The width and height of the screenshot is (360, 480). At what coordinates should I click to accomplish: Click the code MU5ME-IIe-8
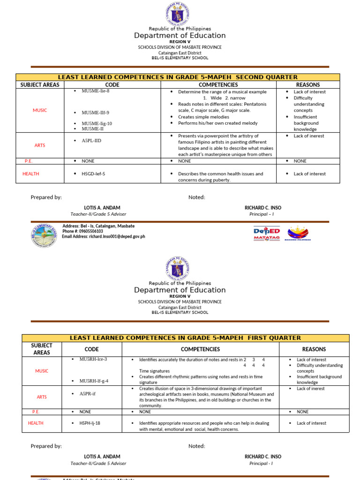coord(96,91)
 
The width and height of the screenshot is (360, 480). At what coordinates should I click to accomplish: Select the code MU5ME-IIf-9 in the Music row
coord(95,113)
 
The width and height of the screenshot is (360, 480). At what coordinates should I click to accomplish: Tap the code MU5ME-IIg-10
coord(97,123)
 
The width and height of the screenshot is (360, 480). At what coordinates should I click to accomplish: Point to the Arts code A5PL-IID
coord(91,140)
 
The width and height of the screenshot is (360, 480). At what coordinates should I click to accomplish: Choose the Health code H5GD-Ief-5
coord(93,174)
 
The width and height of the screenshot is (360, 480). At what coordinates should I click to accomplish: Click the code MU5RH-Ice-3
coord(93,359)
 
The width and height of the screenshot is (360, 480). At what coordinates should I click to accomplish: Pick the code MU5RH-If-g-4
coord(94,381)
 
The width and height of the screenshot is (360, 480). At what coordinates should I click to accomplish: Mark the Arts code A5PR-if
coord(88,394)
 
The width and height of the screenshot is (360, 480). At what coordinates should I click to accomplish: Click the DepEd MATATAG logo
coord(266,233)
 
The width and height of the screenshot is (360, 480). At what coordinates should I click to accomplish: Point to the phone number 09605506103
coord(82,231)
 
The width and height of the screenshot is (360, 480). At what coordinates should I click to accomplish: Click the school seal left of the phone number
coord(45,235)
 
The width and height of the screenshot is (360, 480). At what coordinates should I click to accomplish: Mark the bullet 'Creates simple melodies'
coord(203,117)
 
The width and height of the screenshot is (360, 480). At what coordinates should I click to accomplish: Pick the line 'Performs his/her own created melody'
coord(217,123)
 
